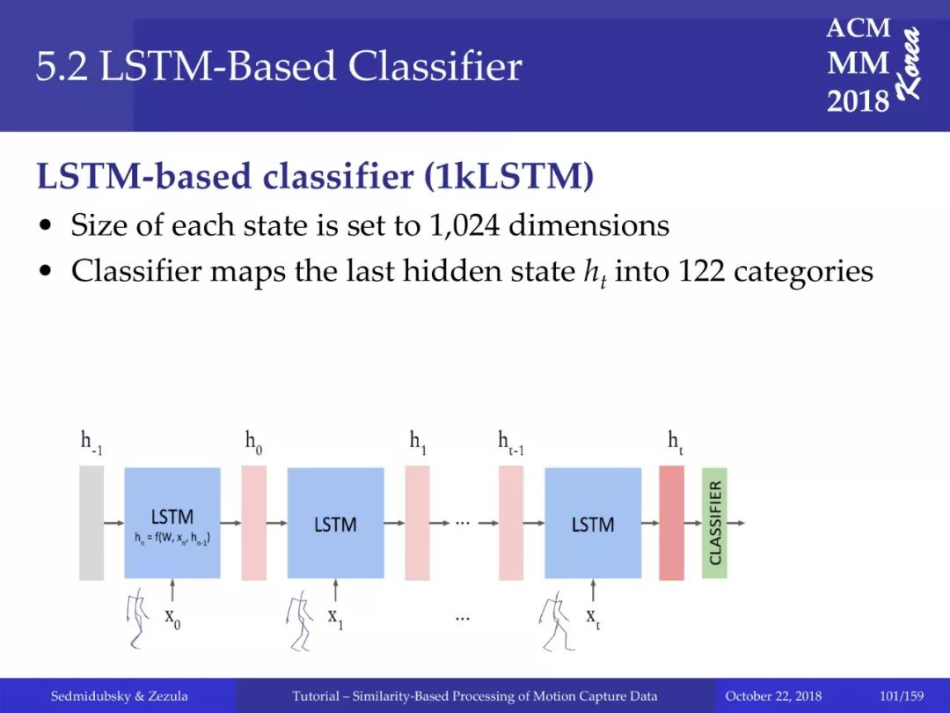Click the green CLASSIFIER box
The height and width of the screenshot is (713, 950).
tap(714, 523)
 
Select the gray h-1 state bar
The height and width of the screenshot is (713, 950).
tap(91, 523)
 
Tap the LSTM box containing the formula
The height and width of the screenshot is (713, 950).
tap(172, 523)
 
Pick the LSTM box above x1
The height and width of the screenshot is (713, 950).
tap(336, 523)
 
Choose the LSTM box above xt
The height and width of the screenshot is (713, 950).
tap(593, 523)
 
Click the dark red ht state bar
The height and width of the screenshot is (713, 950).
tap(671, 523)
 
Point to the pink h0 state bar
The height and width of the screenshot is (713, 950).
tap(254, 523)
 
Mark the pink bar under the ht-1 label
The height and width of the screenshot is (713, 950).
tap(511, 523)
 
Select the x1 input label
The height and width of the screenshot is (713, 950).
tap(336, 618)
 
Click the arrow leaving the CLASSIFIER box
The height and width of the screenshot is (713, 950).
tap(736, 523)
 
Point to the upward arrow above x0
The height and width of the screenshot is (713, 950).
tap(172, 590)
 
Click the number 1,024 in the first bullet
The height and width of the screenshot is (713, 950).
tap(464, 225)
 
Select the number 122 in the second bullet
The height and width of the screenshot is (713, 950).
tap(701, 270)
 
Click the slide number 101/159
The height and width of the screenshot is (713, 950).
tap(902, 696)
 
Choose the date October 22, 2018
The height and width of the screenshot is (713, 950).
tap(773, 696)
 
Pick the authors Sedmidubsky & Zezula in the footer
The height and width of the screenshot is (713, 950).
tap(119, 696)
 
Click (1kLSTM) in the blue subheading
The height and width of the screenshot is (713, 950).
tap(509, 176)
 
